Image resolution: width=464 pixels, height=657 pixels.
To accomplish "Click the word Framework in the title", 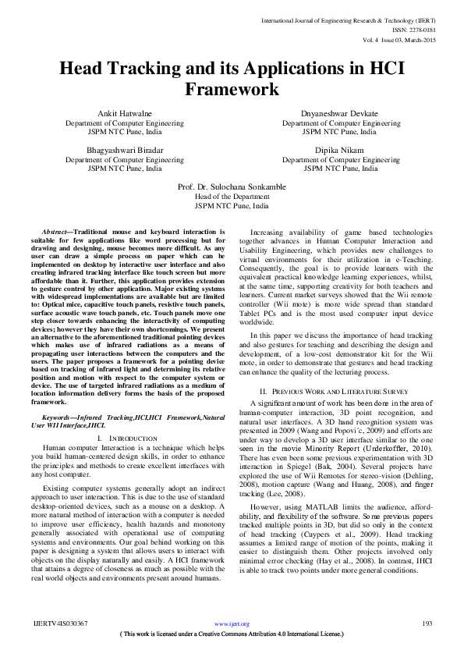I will coord(232,90).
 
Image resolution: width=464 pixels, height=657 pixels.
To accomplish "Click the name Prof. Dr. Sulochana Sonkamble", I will coord(232,187).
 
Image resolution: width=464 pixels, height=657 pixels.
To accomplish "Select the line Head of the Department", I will coord(232,197).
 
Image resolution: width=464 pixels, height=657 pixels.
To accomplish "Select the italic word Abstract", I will coord(54,233).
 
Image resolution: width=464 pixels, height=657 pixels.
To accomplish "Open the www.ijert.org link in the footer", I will coord(232,623).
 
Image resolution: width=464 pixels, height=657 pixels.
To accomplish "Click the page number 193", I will coord(427,623).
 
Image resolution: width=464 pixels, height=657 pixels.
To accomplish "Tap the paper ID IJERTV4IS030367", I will coord(60,623).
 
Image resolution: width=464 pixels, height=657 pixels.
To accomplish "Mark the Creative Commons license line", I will coord(232,634).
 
